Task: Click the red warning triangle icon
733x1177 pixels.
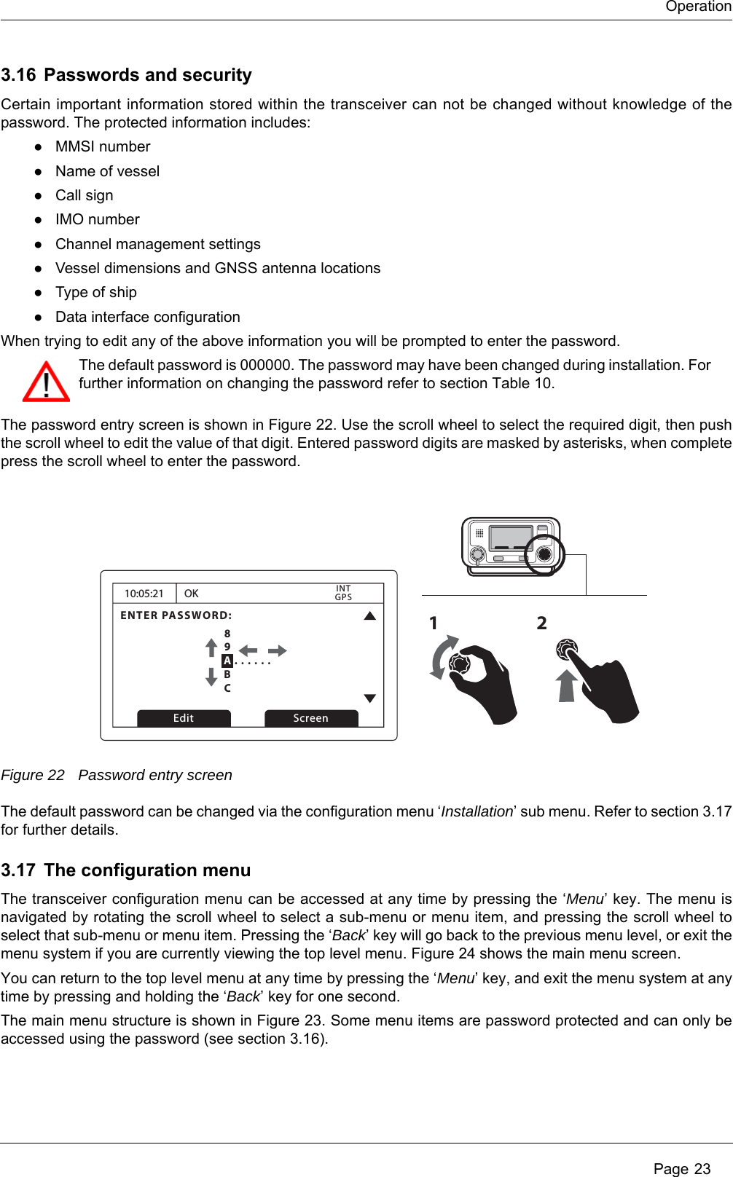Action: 46,382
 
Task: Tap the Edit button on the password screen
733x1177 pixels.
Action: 184,718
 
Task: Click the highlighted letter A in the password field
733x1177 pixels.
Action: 227,661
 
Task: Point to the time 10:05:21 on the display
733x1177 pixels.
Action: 144,594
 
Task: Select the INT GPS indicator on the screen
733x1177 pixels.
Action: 343,593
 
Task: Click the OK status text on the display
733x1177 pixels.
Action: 192,594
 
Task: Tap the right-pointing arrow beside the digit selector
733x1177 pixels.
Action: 278,650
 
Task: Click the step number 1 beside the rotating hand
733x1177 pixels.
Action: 434,623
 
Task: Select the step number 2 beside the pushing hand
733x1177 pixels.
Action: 541,623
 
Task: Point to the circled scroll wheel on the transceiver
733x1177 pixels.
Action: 544,554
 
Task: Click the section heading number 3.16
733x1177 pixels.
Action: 18,75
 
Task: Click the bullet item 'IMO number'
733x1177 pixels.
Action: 98,219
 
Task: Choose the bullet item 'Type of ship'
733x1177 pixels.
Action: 96,292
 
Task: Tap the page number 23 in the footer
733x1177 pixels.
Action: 702,1169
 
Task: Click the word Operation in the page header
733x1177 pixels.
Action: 698,7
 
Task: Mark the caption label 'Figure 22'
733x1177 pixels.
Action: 33,775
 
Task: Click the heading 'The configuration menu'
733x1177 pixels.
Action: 147,870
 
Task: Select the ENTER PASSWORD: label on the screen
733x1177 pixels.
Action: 176,615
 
